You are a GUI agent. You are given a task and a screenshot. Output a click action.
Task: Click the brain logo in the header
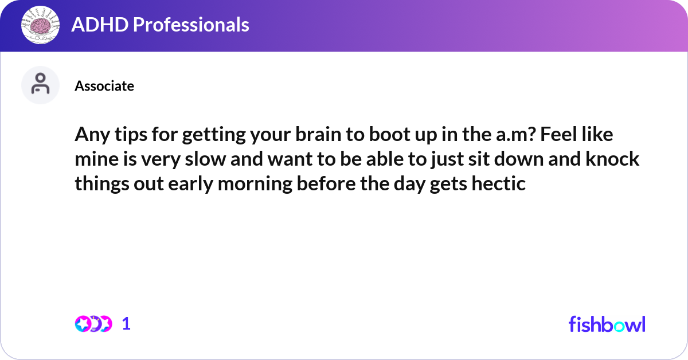click(40, 25)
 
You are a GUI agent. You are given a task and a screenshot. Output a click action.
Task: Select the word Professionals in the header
click(187, 25)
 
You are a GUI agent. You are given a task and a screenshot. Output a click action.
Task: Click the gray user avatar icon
click(40, 85)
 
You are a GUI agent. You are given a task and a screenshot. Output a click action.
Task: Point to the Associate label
click(104, 86)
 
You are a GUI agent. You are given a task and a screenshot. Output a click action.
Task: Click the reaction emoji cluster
click(93, 324)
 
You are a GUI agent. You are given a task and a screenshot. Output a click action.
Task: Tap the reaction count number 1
click(127, 324)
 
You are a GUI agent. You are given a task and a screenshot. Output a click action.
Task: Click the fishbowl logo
click(607, 324)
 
